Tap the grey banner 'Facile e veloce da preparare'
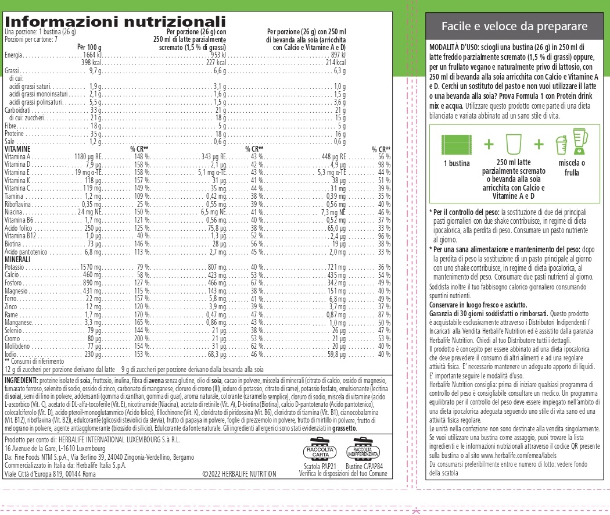tap(514, 27)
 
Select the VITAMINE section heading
tap(18, 149)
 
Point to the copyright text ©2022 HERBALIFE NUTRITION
tap(239, 474)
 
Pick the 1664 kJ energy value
tap(93, 55)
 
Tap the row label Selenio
tap(13, 330)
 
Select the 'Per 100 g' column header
tap(89, 47)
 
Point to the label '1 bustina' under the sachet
tap(456, 163)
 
